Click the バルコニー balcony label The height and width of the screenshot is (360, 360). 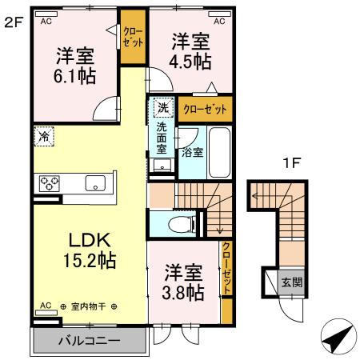[x=89, y=341]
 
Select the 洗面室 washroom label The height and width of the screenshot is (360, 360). [x=162, y=138]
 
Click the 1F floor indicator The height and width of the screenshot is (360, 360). [x=292, y=163]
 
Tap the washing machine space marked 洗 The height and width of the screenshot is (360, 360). [x=162, y=107]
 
